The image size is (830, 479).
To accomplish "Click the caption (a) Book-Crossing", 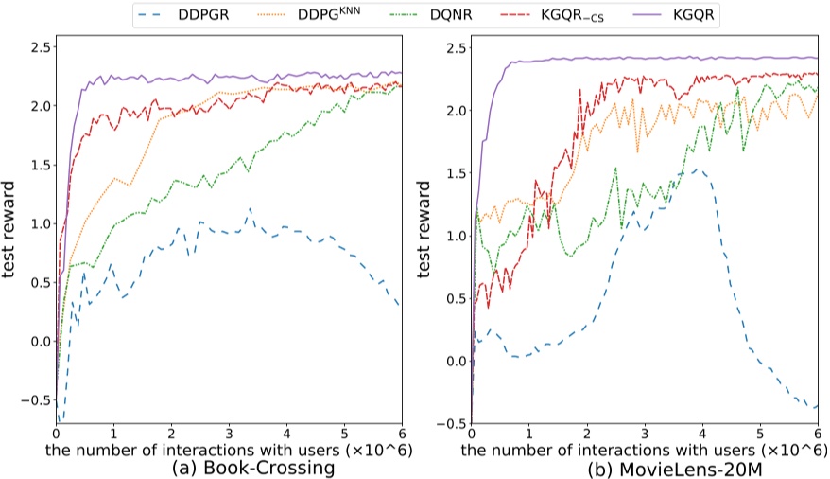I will tap(228, 468).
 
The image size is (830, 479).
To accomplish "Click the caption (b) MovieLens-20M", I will tap(649, 468).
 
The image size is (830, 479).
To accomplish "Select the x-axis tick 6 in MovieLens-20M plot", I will tap(818, 432).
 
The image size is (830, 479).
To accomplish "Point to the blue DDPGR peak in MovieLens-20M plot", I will tap(696, 170).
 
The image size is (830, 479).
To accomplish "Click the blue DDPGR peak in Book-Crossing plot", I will tap(250, 208).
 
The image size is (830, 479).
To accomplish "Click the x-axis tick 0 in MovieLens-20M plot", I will tap(472, 432).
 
